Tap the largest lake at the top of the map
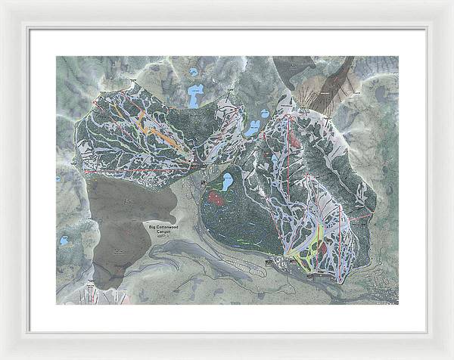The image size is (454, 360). [195, 97]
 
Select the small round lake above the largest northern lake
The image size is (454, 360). [194, 73]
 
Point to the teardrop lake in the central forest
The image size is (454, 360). [226, 182]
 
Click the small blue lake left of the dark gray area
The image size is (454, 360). [64, 241]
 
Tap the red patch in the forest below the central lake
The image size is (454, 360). [216, 199]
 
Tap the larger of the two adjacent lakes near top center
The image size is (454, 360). [251, 128]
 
